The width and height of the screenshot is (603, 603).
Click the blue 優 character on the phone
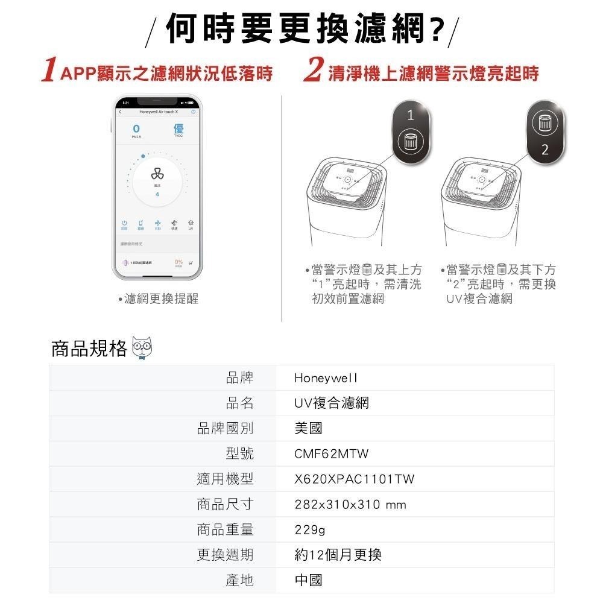pyautogui.click(x=178, y=128)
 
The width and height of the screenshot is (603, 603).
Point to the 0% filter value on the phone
pyautogui.click(x=178, y=262)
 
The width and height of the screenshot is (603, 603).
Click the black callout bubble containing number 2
pyautogui.click(x=545, y=129)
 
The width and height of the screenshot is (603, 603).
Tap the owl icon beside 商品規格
pyautogui.click(x=143, y=349)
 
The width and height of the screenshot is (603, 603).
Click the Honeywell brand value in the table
pyautogui.click(x=326, y=378)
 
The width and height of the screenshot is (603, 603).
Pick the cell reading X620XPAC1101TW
pyautogui.click(x=355, y=479)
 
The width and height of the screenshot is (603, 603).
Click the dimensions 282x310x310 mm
pyautogui.click(x=350, y=504)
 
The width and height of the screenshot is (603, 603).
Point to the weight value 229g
pyautogui.click(x=309, y=529)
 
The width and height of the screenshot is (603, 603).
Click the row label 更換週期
pyautogui.click(x=225, y=555)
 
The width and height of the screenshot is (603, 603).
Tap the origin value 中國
pyautogui.click(x=308, y=580)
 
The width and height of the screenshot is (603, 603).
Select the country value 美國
pyautogui.click(x=308, y=428)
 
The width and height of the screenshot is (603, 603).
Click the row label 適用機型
pyautogui.click(x=225, y=479)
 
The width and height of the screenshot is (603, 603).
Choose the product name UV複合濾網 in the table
pyautogui.click(x=331, y=403)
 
